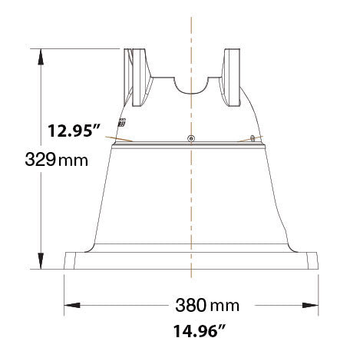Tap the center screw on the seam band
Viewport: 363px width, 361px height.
click(190, 138)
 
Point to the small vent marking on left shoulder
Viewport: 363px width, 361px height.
click(122, 123)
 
